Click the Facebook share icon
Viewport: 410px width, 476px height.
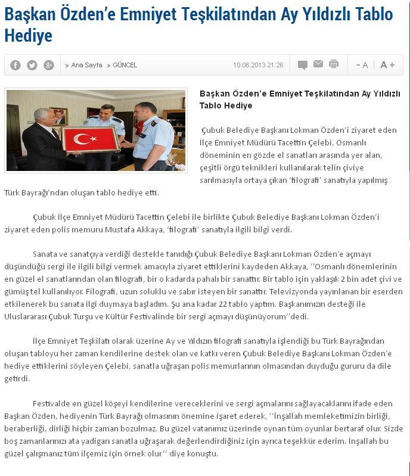[x=15, y=65]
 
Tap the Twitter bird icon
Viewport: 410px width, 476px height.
[x=32, y=65]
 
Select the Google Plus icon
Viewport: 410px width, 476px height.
[x=48, y=65]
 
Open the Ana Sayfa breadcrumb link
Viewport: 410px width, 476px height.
[x=86, y=65]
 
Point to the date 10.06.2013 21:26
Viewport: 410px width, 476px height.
[x=258, y=65]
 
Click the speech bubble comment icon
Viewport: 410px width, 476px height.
[x=303, y=65]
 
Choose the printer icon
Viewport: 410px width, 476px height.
[x=334, y=64]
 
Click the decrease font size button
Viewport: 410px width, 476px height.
[x=362, y=65]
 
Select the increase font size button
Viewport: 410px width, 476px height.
[x=387, y=65]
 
